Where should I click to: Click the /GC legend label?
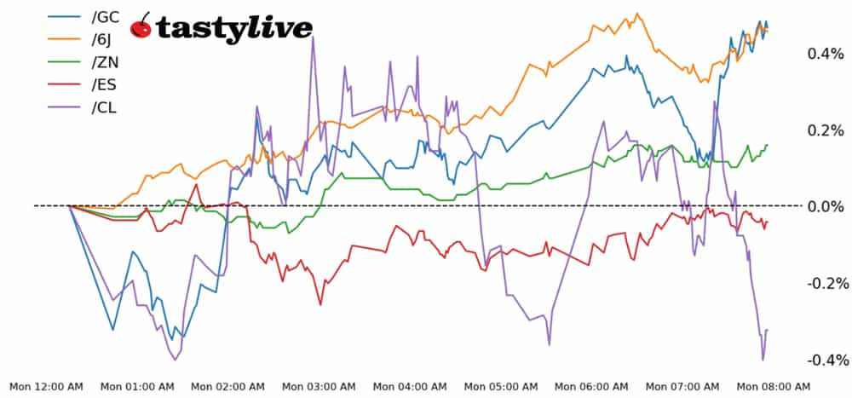pos(103,16)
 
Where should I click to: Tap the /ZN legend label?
pos(102,62)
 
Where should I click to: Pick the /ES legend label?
pos(102,85)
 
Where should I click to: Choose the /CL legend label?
pos(102,108)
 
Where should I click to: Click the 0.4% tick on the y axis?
pos(826,54)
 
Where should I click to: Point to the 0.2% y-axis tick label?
pos(826,130)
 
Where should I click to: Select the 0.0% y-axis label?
pos(826,206)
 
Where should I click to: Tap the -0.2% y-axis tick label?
pos(823,283)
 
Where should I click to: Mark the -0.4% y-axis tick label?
pos(823,360)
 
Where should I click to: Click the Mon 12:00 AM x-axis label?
pos(46,387)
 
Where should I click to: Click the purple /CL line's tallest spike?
pos(313,38)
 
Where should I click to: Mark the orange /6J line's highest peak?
pos(636,14)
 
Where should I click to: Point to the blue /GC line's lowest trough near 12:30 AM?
pos(112,329)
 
